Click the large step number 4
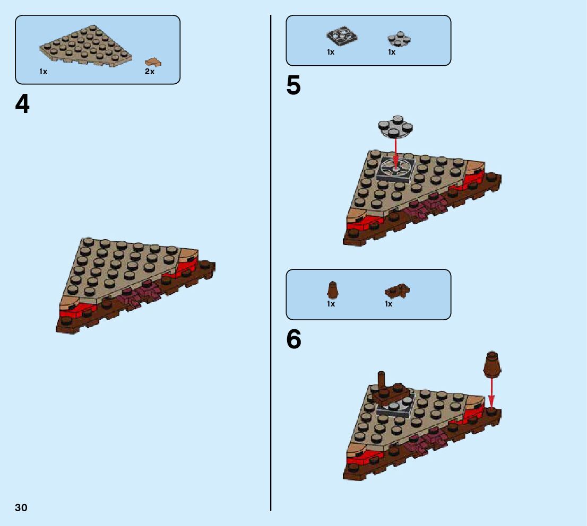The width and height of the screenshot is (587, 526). (x=22, y=104)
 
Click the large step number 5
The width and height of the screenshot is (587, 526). (x=293, y=86)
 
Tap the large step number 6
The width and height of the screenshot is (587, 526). (x=293, y=340)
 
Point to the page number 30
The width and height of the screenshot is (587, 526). (x=21, y=507)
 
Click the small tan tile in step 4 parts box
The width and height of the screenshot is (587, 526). (x=153, y=62)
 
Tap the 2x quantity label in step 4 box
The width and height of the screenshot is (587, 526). (x=150, y=72)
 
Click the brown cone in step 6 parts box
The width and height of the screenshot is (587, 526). (x=332, y=291)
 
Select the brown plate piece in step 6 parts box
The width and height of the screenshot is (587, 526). (x=397, y=291)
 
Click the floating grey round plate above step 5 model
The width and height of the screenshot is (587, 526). (x=395, y=126)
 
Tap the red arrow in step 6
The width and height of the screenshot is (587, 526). (x=491, y=391)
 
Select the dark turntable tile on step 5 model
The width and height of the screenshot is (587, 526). (x=395, y=170)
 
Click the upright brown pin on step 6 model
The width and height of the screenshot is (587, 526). (x=382, y=381)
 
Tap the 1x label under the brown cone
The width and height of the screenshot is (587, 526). (x=331, y=304)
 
